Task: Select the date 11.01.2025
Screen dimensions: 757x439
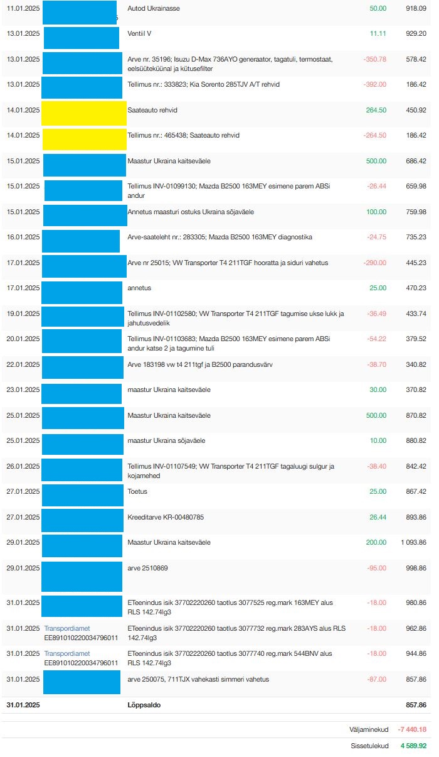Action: click(23, 8)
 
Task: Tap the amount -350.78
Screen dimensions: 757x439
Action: click(374, 59)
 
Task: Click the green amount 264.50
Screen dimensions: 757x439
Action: click(376, 110)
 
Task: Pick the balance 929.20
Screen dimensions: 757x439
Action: click(416, 33)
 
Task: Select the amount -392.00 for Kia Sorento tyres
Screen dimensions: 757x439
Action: click(374, 84)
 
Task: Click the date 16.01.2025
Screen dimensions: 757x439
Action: click(23, 237)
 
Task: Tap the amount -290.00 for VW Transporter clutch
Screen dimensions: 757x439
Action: click(374, 263)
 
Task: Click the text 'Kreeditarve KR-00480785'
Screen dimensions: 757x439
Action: click(165, 517)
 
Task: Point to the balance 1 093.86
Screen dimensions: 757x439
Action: click(413, 542)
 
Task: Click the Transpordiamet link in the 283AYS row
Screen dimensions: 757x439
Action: click(66, 628)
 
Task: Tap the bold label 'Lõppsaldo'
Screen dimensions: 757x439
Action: click(144, 705)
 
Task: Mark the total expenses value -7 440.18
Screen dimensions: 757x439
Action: click(412, 729)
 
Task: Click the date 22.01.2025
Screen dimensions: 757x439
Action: click(23, 364)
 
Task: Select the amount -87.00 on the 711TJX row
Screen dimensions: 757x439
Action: click(376, 679)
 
